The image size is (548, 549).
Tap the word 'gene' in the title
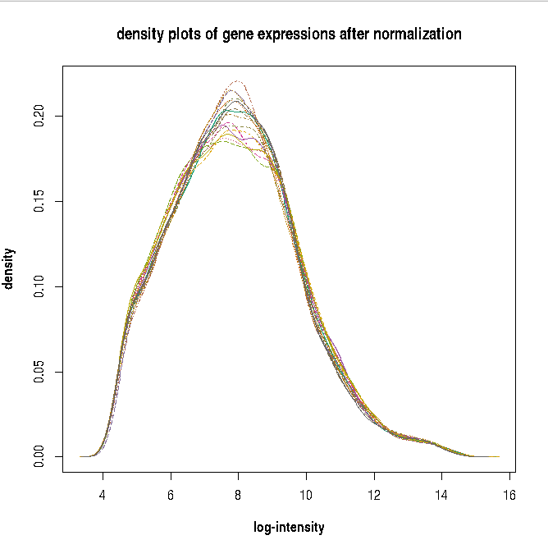(239, 34)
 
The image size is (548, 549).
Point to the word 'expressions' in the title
(298, 34)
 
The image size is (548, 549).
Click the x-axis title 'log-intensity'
(289, 527)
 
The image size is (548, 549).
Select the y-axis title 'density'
(10, 268)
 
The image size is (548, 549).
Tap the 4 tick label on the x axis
(103, 496)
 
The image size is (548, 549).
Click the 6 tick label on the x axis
(171, 496)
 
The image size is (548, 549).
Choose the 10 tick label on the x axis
(306, 496)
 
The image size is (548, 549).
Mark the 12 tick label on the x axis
(374, 496)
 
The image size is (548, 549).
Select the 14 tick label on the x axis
(442, 496)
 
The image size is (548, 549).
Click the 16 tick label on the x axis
(509, 496)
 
